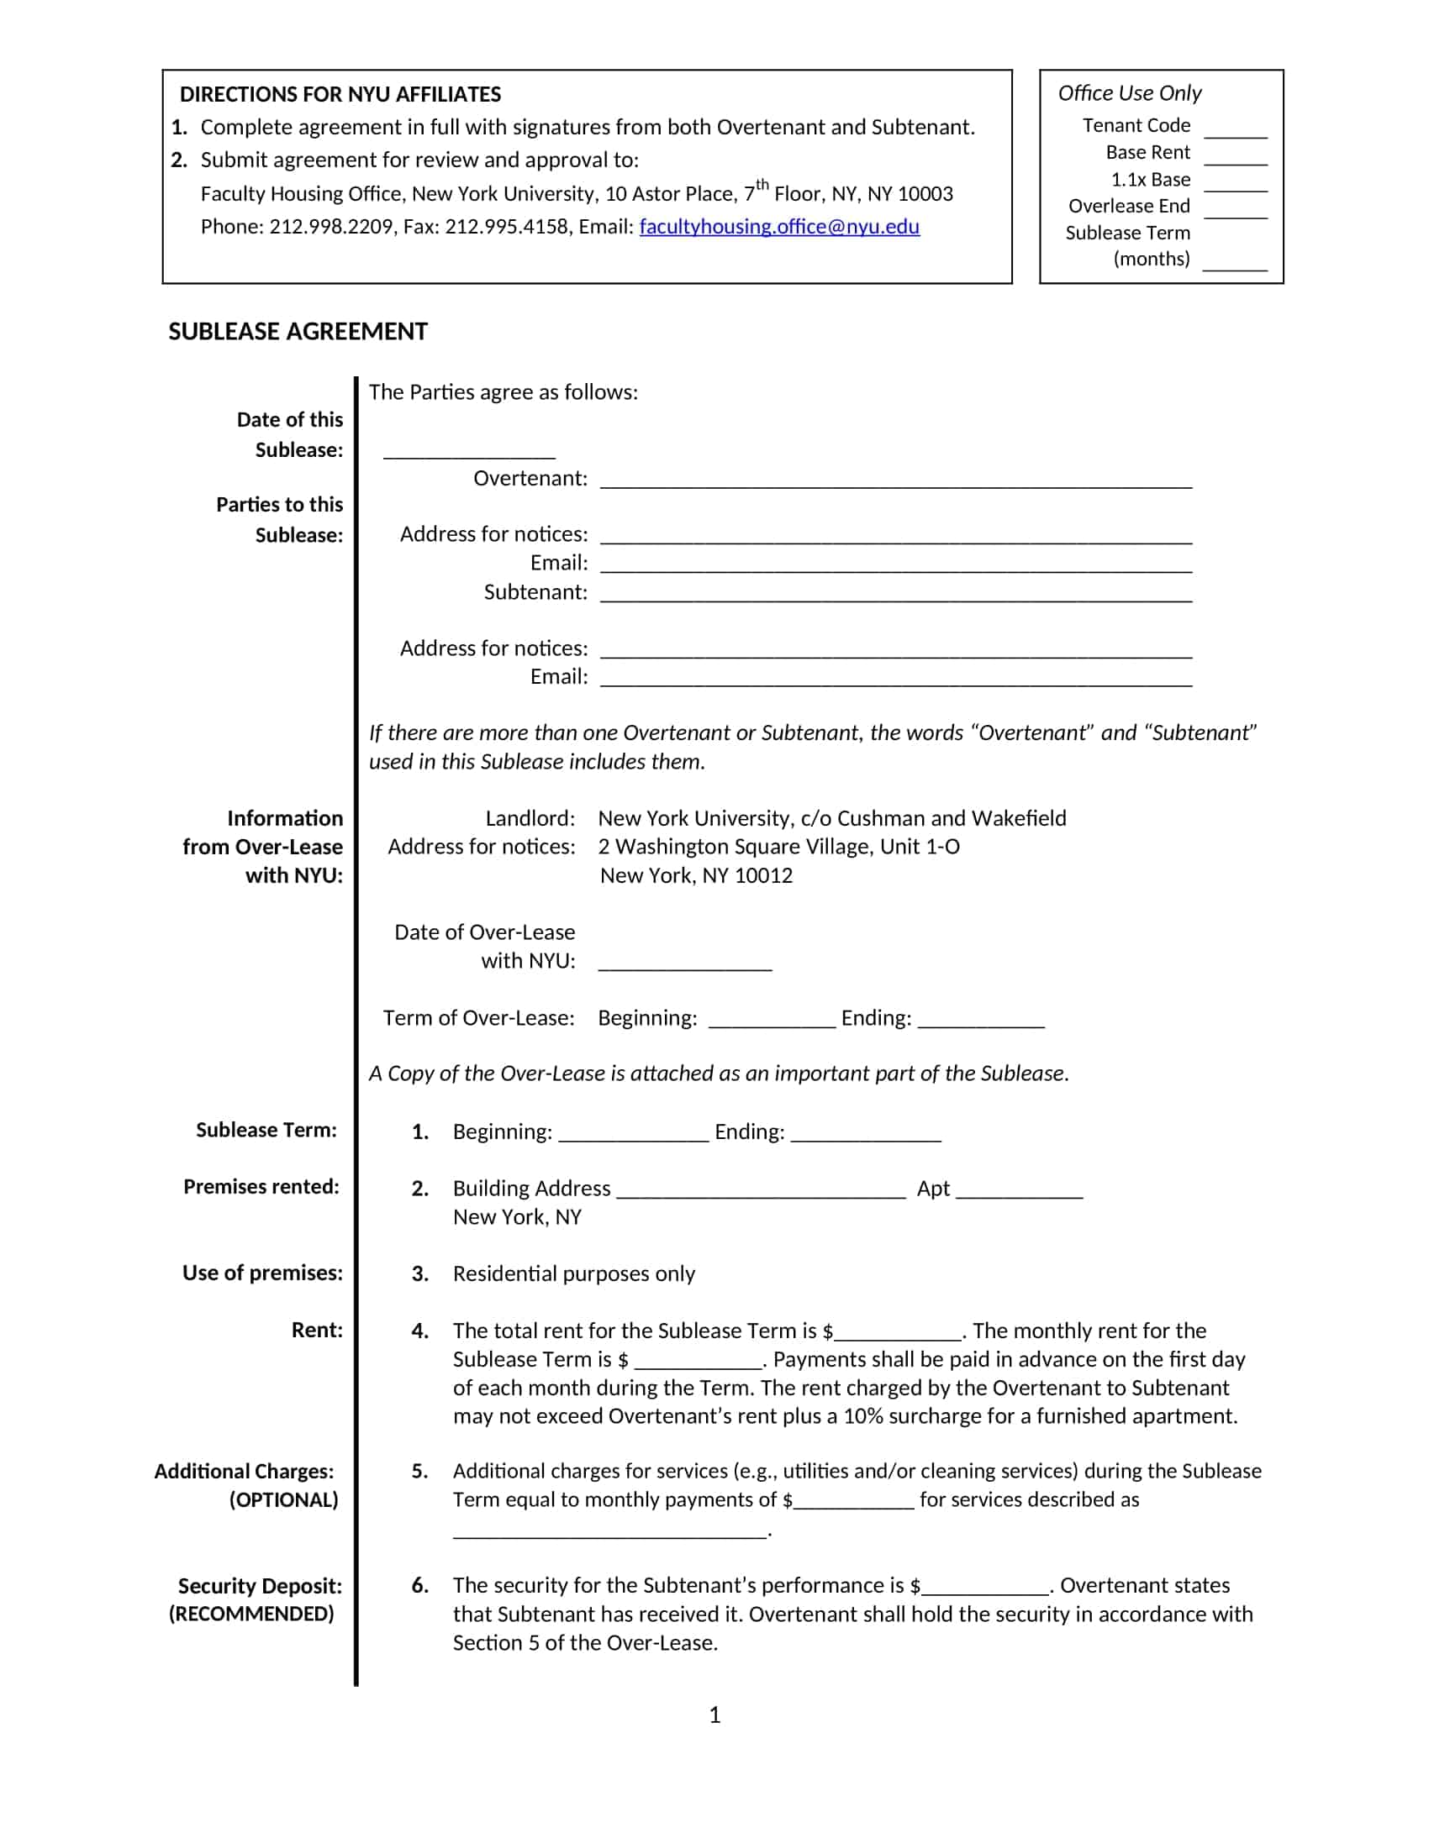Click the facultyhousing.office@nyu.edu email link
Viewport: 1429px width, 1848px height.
tap(779, 227)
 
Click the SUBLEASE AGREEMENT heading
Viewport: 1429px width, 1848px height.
tap(298, 332)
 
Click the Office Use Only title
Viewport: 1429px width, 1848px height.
tap(1129, 93)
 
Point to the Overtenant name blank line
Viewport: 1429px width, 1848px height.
tap(896, 481)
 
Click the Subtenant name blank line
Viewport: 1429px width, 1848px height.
tap(896, 595)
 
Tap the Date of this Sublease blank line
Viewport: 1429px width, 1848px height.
tap(469, 452)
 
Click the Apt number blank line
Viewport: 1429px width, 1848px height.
tap(1020, 1191)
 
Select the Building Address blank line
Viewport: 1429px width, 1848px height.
tap(761, 1191)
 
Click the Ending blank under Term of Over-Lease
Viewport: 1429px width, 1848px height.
tap(981, 1021)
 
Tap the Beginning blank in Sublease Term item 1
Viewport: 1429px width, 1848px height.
tap(633, 1135)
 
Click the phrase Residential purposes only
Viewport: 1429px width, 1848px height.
tap(574, 1273)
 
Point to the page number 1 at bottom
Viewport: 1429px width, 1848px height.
tap(714, 1715)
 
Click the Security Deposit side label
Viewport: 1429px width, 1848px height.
tap(260, 1586)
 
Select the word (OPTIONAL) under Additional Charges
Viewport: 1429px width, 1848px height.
tap(283, 1500)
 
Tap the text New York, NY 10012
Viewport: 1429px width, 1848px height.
tap(697, 876)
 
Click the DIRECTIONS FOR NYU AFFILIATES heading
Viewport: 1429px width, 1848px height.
tap(340, 94)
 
